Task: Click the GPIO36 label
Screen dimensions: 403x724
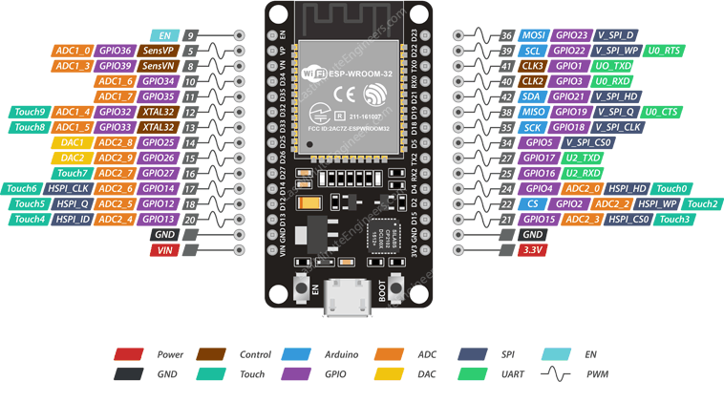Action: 114,50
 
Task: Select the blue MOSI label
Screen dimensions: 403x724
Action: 533,35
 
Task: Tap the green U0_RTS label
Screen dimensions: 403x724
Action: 665,51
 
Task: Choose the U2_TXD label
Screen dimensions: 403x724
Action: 584,158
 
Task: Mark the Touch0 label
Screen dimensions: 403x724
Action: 672,189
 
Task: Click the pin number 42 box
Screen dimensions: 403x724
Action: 507,96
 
